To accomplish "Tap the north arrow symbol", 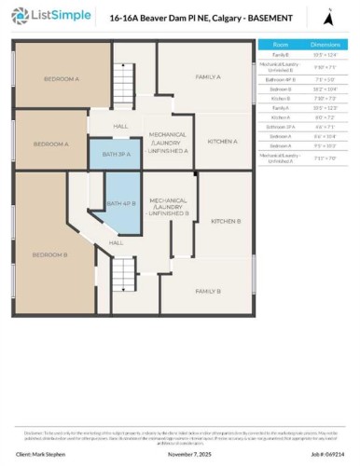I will click(x=326, y=17).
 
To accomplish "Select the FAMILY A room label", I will click(x=207, y=76).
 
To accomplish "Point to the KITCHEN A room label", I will click(x=222, y=141).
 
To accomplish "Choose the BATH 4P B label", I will click(x=121, y=203).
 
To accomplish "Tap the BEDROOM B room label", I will click(x=45, y=254).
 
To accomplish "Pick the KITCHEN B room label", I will click(x=226, y=221).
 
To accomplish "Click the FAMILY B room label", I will click(x=207, y=292).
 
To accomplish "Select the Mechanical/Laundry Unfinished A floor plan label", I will click(x=169, y=140).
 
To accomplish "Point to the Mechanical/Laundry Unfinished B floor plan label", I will click(x=169, y=206).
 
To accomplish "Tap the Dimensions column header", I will click(x=325, y=44).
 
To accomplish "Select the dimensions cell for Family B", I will click(x=325, y=54).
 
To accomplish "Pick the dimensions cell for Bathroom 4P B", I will click(x=325, y=80).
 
